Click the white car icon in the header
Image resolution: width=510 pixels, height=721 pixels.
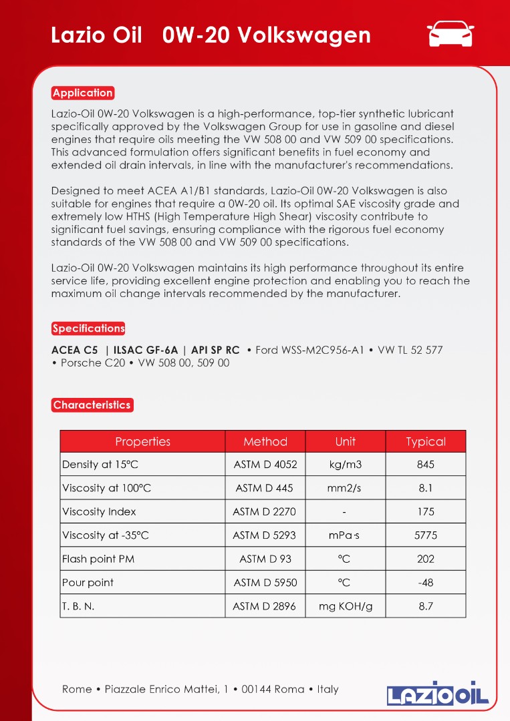click(x=451, y=34)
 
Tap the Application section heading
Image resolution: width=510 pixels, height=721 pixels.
click(x=83, y=93)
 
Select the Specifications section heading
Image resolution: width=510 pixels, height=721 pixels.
click(x=88, y=328)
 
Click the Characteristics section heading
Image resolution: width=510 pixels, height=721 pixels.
click(x=92, y=405)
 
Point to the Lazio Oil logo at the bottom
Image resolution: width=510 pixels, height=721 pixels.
click(x=438, y=693)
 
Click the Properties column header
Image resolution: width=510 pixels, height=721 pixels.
click(x=142, y=442)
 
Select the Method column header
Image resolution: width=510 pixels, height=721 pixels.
click(x=265, y=442)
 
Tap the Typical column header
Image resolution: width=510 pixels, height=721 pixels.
click(x=426, y=442)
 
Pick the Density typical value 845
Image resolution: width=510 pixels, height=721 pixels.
click(x=426, y=465)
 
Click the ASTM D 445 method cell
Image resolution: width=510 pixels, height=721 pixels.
click(x=265, y=488)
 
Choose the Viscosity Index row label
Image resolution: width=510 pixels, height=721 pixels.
click(x=99, y=512)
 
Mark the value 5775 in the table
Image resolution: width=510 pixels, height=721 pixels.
click(x=426, y=535)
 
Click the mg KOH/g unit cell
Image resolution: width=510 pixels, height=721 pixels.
click(x=346, y=606)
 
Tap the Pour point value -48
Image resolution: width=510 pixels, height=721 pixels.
click(x=426, y=583)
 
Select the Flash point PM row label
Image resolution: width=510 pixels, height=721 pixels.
click(x=98, y=559)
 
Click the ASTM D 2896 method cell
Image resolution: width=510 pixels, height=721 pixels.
click(x=265, y=606)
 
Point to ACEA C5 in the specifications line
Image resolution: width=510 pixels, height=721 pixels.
click(x=75, y=350)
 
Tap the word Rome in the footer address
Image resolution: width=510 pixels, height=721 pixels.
click(x=77, y=689)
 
